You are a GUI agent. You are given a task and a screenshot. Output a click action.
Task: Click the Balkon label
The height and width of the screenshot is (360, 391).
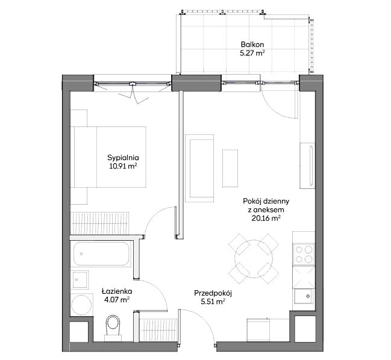252,45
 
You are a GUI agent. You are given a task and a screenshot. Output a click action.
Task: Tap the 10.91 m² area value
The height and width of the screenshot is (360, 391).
123,166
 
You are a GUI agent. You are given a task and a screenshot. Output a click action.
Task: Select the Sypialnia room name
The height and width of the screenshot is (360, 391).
123,158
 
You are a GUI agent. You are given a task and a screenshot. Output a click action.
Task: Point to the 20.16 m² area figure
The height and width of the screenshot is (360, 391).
266,219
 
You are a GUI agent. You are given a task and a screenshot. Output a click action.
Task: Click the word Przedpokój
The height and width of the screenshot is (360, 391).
213,293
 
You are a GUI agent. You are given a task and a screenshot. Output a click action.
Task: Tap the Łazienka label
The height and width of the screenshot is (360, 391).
117,291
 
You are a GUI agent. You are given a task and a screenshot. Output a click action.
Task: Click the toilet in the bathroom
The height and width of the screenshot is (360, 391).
113,328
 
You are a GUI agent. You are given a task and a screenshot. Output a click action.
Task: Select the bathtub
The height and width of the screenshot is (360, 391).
101,253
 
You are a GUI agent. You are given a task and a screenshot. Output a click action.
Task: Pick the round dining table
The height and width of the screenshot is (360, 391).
254,259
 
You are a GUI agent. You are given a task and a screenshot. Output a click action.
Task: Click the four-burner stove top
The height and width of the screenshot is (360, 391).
304,254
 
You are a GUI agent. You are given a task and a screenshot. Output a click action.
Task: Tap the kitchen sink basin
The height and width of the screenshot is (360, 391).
304,296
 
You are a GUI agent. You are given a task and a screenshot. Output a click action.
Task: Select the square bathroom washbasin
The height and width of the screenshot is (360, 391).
80,279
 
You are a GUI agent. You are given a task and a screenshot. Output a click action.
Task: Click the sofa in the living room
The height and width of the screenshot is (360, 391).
199,169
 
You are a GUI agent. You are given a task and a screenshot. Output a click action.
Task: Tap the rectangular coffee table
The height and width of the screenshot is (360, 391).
230,168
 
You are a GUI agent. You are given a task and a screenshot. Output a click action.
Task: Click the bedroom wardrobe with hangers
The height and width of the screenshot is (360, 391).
100,223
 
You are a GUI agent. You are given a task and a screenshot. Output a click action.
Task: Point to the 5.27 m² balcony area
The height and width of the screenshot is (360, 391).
252,54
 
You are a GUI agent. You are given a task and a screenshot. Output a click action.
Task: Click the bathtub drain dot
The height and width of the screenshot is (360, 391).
81,254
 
